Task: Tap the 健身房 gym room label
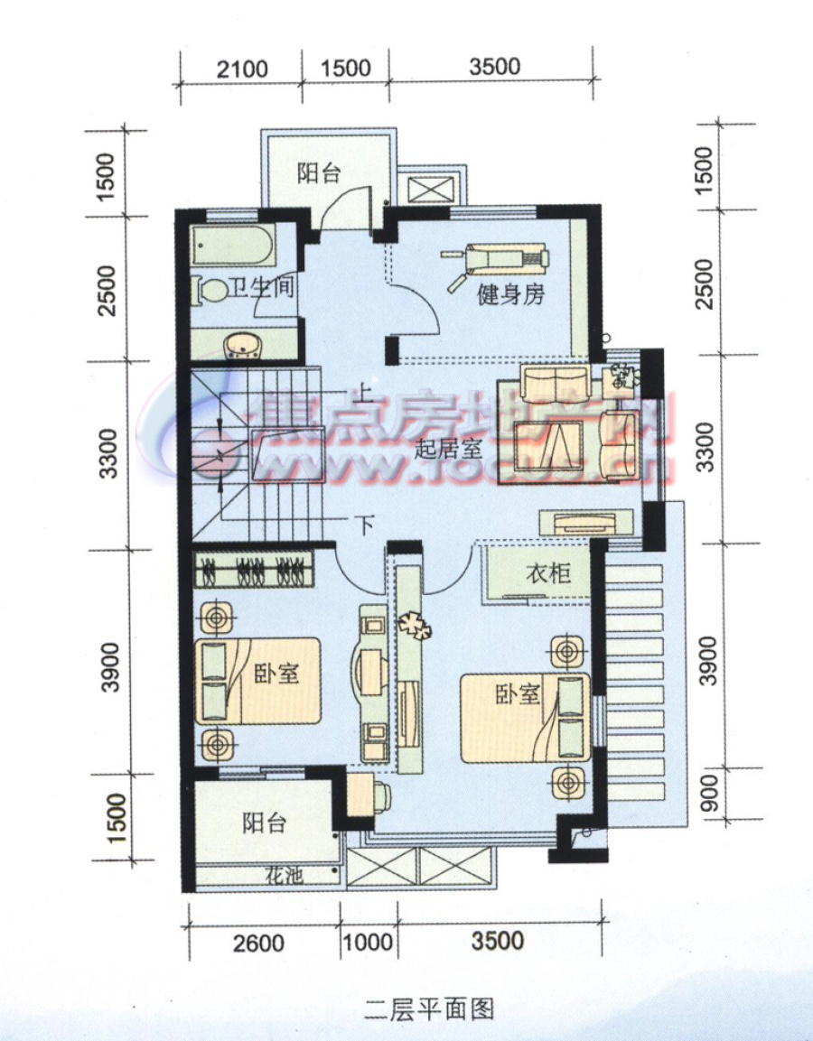point(511,295)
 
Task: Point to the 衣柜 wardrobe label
point(548,573)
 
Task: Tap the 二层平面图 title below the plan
point(429,1008)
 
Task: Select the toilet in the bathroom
point(210,292)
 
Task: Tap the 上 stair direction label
point(365,395)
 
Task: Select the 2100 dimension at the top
point(242,68)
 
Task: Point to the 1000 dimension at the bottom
point(369,943)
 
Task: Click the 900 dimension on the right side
point(710,795)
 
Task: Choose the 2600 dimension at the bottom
point(258,943)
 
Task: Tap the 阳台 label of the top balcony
point(318,173)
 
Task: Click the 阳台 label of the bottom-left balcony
point(264,823)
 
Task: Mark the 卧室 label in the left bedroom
point(276,674)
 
